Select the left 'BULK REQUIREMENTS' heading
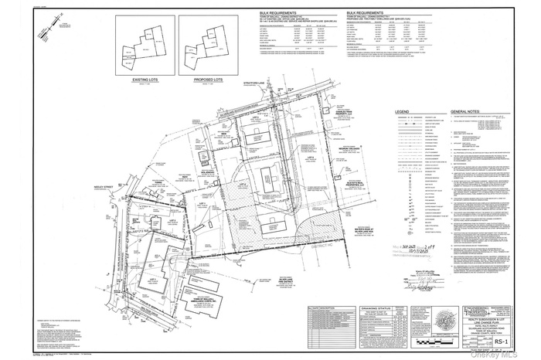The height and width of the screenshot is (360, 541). pyautogui.click(x=280, y=14)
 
